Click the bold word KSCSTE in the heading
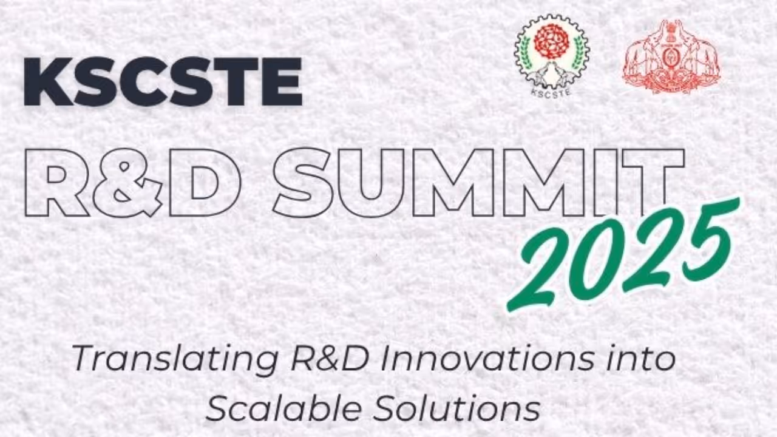[x=163, y=81]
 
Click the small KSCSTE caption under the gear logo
[x=551, y=93]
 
